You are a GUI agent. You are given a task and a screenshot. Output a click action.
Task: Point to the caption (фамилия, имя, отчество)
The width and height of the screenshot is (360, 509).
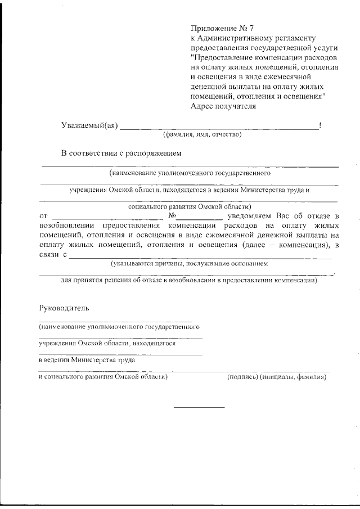point(202,135)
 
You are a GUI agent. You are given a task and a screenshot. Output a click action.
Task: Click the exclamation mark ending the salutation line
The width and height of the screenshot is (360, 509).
point(320,125)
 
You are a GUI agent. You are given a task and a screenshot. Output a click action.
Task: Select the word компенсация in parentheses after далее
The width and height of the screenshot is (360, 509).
point(298,245)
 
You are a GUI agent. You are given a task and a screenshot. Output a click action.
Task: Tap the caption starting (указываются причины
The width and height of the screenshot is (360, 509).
point(189,264)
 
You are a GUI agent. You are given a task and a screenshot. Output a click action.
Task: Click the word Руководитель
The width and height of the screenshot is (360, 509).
point(64,309)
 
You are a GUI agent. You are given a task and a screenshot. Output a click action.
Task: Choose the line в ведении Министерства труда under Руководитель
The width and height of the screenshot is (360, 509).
point(87,360)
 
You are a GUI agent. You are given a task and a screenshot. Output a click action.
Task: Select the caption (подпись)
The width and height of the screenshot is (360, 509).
point(242,377)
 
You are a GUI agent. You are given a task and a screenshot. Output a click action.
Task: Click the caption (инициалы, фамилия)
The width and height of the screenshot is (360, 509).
point(293,377)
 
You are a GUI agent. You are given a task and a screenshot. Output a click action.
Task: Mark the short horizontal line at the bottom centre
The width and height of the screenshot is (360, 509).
point(199,407)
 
